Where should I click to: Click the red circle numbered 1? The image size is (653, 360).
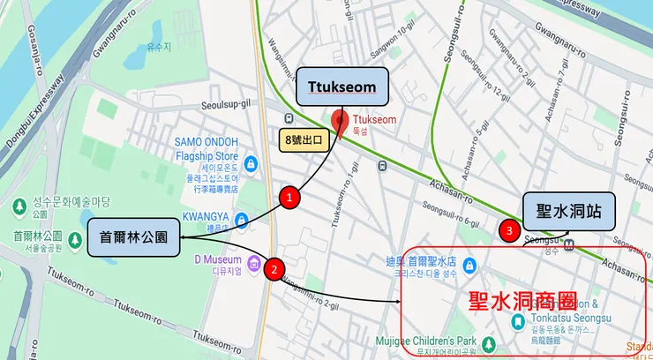289,198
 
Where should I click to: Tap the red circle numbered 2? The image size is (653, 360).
274,269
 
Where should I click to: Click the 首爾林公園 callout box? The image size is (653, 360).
131,237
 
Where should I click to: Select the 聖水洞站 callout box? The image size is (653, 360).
568,212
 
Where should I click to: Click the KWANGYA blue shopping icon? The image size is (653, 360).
241,221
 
